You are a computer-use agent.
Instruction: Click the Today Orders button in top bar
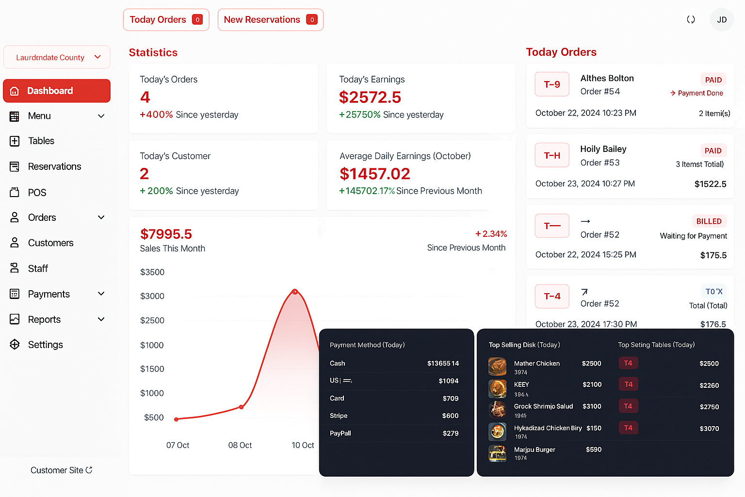[166, 20]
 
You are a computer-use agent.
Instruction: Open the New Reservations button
[270, 20]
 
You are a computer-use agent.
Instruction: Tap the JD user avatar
[722, 20]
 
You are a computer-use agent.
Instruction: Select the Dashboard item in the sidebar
[57, 91]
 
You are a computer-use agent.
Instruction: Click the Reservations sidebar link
[54, 166]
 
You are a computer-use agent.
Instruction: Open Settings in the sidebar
[45, 345]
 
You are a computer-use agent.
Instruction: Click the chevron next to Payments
[101, 294]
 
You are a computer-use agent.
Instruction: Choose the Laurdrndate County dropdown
[57, 57]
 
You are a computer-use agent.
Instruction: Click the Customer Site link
[61, 470]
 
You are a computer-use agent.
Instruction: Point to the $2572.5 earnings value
[370, 97]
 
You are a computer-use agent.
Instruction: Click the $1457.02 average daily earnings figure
[375, 174]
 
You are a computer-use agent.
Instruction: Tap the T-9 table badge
[552, 84]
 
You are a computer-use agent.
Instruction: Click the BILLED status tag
[709, 221]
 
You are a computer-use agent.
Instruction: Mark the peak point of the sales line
[295, 292]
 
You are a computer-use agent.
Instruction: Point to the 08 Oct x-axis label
[240, 445]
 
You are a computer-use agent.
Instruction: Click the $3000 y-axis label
[152, 296]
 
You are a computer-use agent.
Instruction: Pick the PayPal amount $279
[450, 433]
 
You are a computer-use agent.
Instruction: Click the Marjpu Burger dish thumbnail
[497, 453]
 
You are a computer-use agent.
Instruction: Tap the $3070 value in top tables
[709, 429]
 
